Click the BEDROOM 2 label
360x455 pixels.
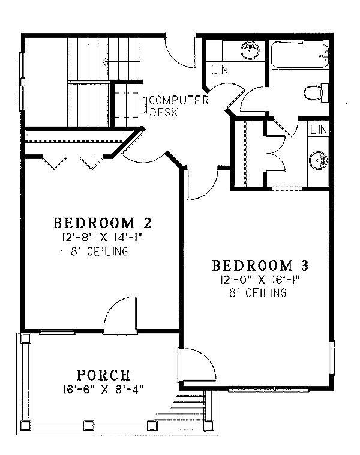pyautogui.click(x=102, y=223)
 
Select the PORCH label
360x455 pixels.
pyautogui.click(x=104, y=375)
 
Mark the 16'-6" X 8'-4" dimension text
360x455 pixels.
pyautogui.click(x=104, y=388)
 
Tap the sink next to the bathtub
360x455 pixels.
pyautogui.click(x=250, y=50)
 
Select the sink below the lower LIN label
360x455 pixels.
pyautogui.click(x=318, y=160)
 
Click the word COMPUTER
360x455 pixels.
pyautogui.click(x=179, y=100)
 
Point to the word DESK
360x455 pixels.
pyautogui.click(x=163, y=112)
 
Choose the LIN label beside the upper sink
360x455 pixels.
pyautogui.click(x=220, y=70)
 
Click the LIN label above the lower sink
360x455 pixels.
pyautogui.click(x=319, y=130)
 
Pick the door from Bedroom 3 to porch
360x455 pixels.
pyautogui.click(x=196, y=364)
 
